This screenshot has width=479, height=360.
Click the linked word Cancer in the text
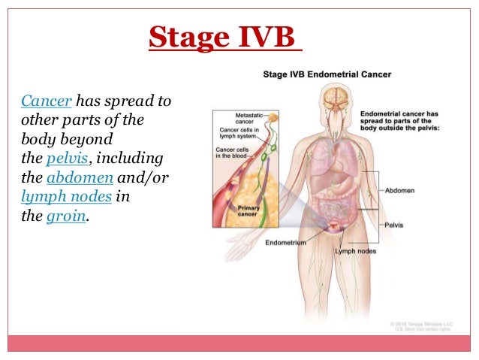(x=46, y=101)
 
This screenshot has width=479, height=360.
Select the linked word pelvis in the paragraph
(x=66, y=159)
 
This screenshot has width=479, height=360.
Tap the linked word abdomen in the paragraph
(x=80, y=178)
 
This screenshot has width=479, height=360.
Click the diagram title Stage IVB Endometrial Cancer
(x=326, y=74)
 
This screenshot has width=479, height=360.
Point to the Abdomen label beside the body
(x=400, y=191)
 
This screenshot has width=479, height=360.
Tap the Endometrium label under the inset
(x=285, y=243)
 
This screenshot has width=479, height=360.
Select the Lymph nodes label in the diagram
(x=356, y=250)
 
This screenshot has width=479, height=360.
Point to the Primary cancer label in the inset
(x=249, y=210)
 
